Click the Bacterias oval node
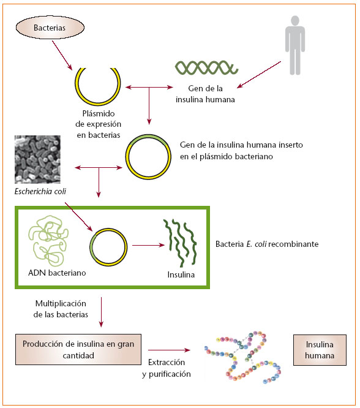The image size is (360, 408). point(48,28)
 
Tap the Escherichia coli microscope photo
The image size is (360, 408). point(37,159)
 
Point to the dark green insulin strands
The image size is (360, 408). point(181,243)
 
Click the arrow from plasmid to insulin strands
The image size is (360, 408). point(145,247)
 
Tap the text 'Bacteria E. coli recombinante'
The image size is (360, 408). point(266,243)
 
